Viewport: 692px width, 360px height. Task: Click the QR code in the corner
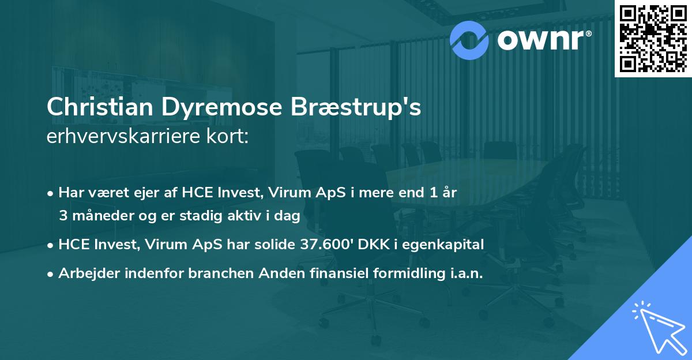653,38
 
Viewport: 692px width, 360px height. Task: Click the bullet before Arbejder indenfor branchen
51,275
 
